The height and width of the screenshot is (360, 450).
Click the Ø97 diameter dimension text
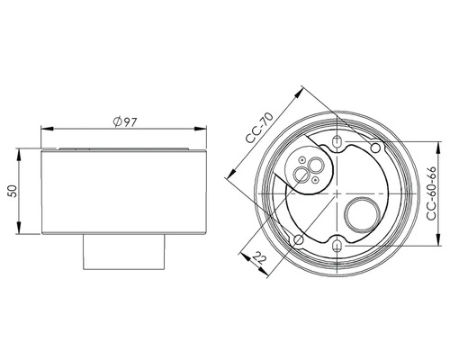tap(125, 121)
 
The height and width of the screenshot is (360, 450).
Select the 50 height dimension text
tap(13, 191)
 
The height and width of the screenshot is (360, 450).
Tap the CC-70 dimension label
tap(259, 128)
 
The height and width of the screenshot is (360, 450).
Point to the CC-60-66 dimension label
tap(431, 193)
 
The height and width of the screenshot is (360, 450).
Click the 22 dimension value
tap(260, 257)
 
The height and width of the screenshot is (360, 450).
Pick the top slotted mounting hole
tap(337, 141)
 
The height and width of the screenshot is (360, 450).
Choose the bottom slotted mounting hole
tap(337, 247)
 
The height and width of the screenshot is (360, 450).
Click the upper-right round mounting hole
tap(375, 148)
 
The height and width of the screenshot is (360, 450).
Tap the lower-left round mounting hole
tap(299, 239)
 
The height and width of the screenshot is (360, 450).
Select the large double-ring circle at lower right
tap(363, 215)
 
